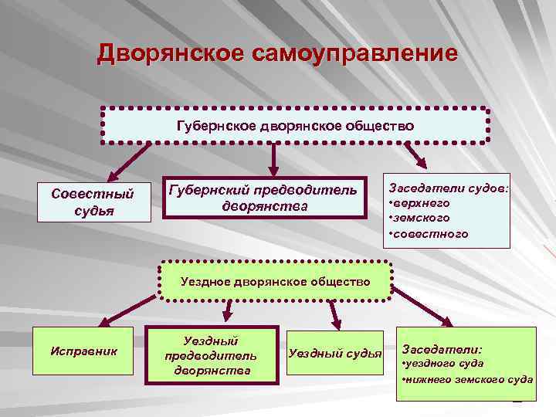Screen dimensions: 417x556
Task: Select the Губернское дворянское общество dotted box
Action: click(295, 125)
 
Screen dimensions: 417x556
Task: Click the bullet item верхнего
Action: click(421, 202)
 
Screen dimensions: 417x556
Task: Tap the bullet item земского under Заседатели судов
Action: click(422, 218)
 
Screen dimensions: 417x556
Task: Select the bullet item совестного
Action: click(429, 233)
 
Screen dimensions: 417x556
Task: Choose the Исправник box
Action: click(83, 351)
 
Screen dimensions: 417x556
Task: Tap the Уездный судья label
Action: click(334, 354)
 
